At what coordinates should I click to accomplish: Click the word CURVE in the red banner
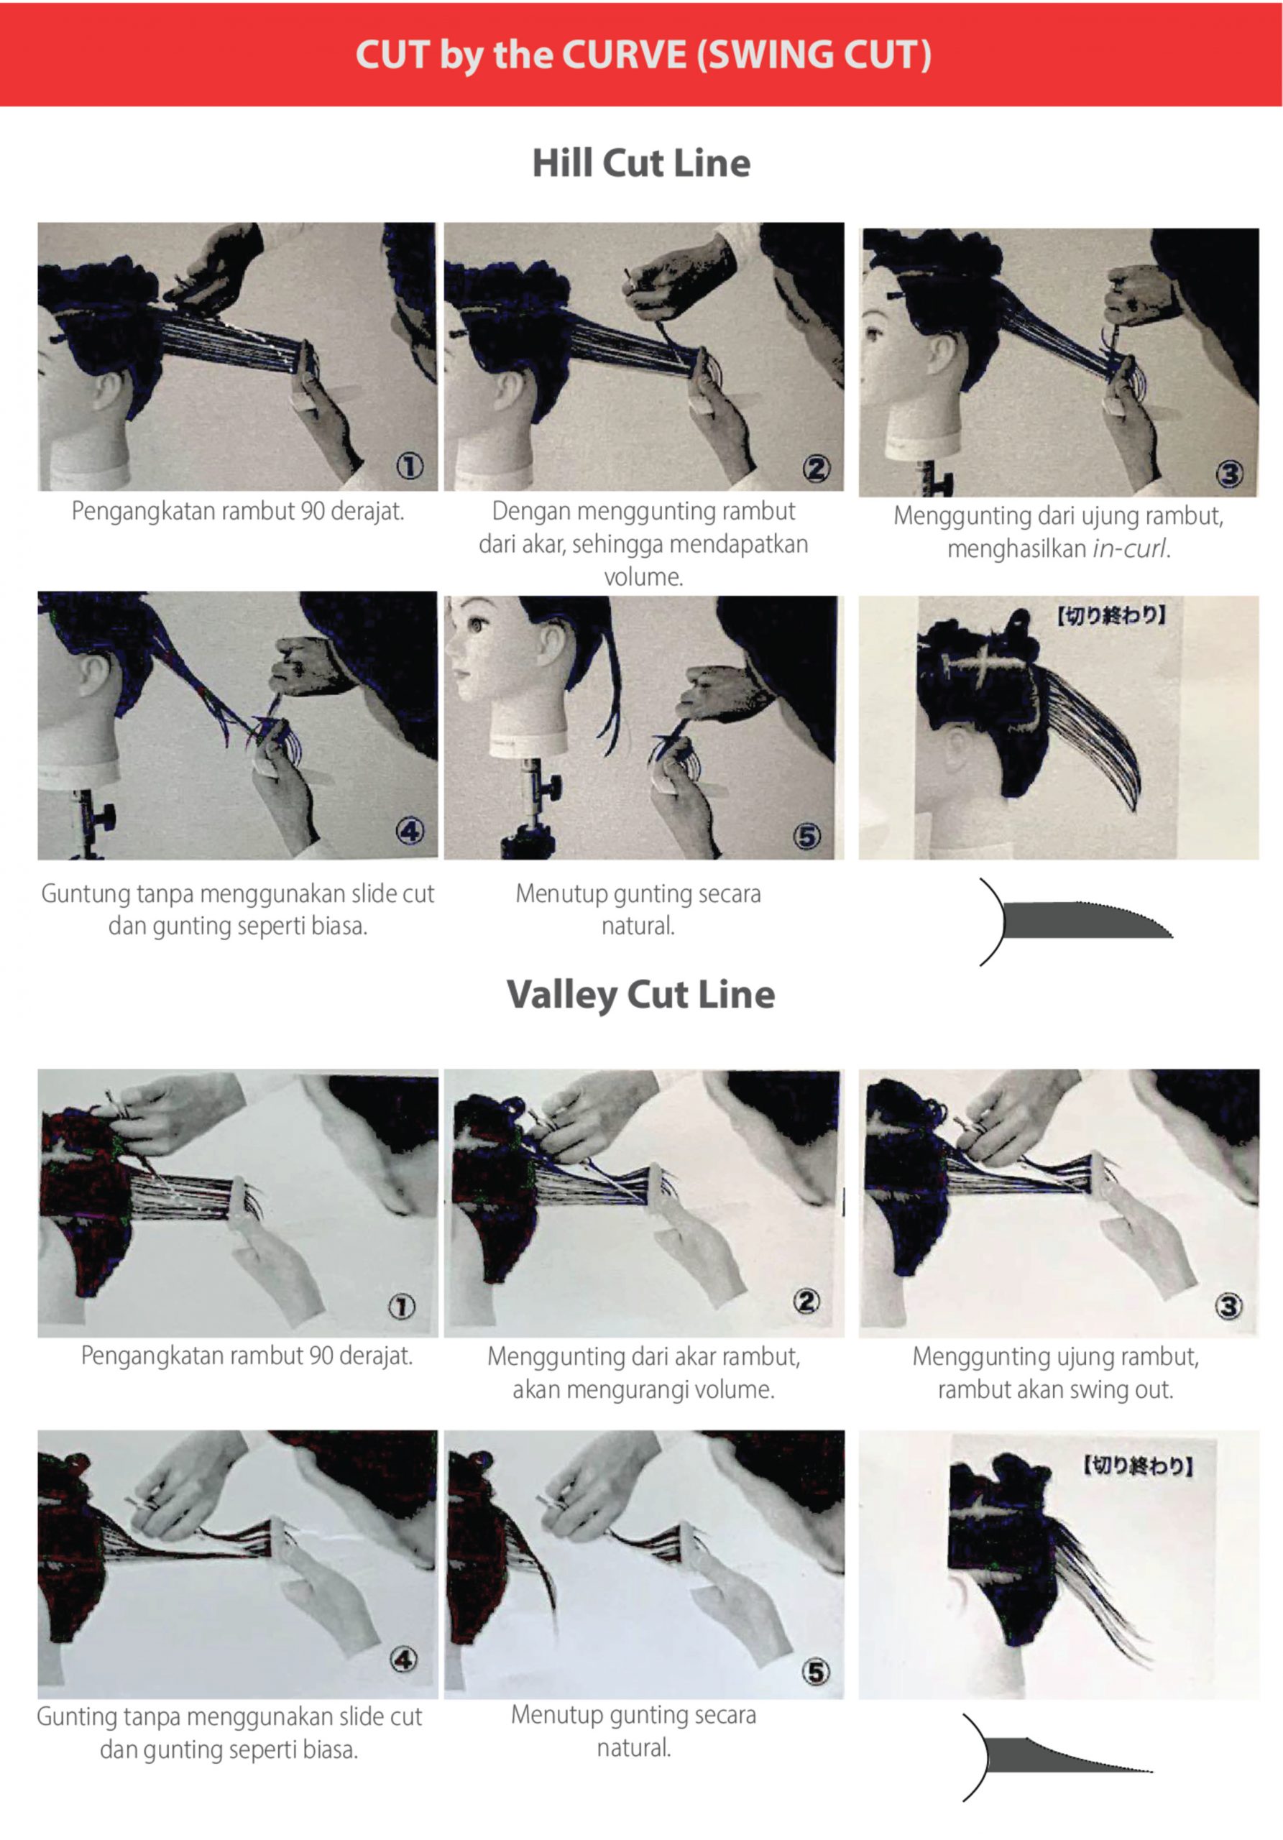[623, 55]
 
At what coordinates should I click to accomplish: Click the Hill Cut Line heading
[641, 162]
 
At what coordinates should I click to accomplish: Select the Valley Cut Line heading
[641, 995]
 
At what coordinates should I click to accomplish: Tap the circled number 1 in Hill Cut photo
[410, 466]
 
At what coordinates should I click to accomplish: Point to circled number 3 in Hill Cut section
[1229, 474]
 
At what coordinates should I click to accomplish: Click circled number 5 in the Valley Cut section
[816, 1672]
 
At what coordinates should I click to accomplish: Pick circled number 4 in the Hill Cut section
[410, 832]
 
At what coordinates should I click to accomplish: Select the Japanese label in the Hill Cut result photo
[1110, 615]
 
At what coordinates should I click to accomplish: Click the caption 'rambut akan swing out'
[1055, 1389]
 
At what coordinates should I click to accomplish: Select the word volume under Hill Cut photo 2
[643, 577]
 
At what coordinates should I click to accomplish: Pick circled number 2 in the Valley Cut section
[806, 1302]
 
